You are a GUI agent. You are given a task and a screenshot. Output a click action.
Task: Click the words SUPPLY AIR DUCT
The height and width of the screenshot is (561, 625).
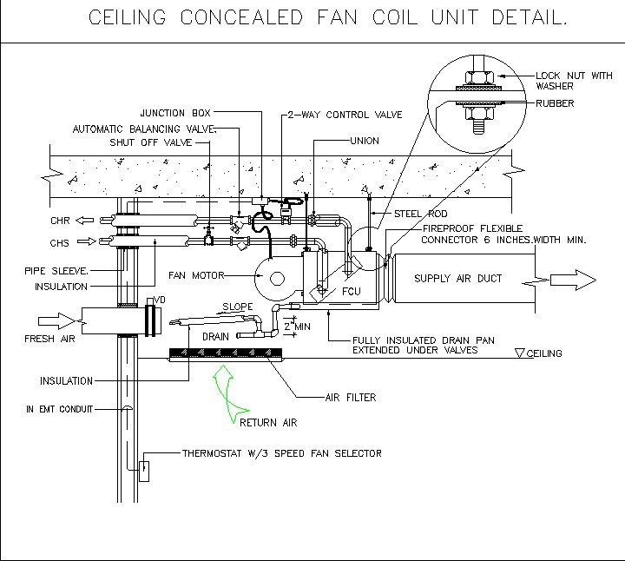point(457,279)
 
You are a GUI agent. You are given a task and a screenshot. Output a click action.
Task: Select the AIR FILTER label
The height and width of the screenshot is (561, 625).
point(350,398)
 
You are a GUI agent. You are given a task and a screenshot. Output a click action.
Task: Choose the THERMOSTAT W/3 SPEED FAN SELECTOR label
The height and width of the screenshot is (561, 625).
point(281,453)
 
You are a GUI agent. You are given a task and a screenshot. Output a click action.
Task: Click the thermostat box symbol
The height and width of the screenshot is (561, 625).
point(143,471)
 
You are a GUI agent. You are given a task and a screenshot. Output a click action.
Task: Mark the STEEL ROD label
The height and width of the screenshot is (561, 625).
point(419,213)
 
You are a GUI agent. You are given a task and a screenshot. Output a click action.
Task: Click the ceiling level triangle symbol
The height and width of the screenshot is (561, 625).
point(520,353)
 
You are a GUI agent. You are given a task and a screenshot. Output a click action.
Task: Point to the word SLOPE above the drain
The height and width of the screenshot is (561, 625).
point(239,307)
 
